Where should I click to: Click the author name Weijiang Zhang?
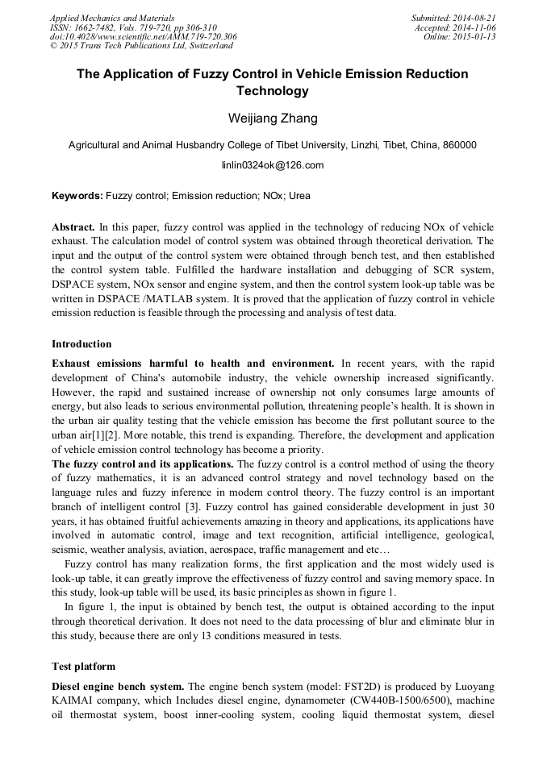pos(273,118)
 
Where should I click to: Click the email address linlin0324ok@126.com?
pos(273,165)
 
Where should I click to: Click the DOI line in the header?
pos(143,37)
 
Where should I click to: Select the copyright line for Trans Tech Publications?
pos(141,47)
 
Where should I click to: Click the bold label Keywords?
pos(77,196)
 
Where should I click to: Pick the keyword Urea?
pos(299,196)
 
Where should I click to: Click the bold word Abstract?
pos(73,228)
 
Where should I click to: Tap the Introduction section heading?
pos(82,344)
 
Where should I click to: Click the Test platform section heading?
pos(83,667)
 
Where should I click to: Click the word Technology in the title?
pos(273,91)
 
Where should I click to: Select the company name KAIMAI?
pos(78,700)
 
